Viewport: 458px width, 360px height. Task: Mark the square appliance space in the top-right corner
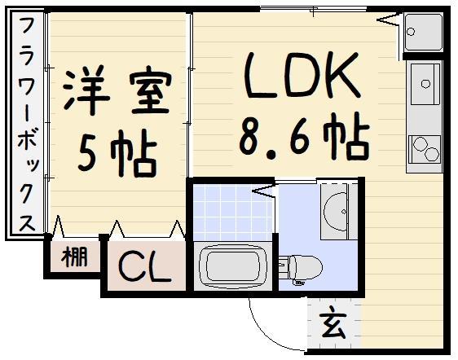[422, 33]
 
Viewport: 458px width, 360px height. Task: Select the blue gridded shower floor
[233, 208]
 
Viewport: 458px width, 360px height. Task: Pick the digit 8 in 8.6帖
[253, 138]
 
